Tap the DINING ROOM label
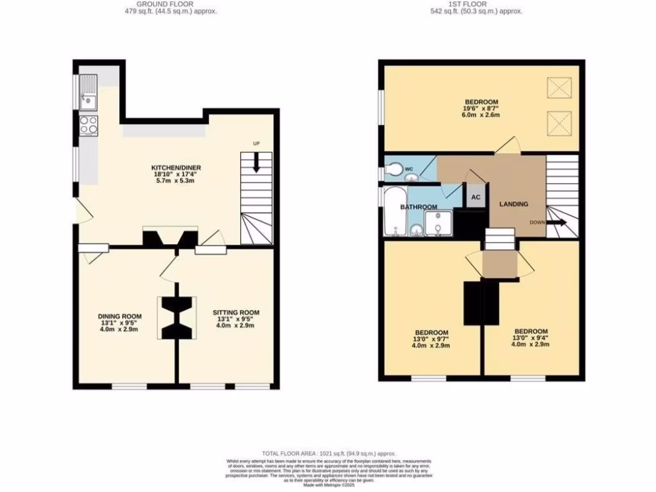click(x=120, y=316)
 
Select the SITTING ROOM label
click(x=236, y=313)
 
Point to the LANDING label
click(x=514, y=204)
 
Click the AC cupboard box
click(x=476, y=197)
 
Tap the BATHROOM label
click(x=418, y=207)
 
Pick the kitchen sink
click(x=86, y=97)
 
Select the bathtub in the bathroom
click(x=393, y=212)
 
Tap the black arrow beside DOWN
click(x=556, y=223)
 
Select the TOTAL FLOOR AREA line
click(x=329, y=453)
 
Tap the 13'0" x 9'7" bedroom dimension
click(x=430, y=339)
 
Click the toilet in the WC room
click(x=392, y=170)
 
